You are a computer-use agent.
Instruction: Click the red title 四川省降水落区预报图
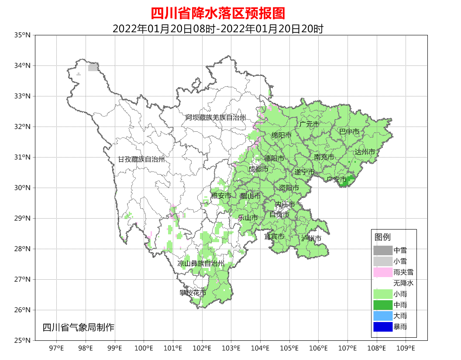(x=218, y=13)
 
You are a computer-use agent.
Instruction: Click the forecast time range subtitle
(x=218, y=29)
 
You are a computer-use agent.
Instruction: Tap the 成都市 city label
(x=258, y=169)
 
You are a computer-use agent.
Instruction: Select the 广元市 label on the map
(x=309, y=124)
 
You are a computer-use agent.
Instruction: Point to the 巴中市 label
(x=349, y=131)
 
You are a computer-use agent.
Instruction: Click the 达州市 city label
(x=365, y=152)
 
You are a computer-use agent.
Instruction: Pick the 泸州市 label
(x=311, y=238)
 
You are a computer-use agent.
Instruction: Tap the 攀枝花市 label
(x=193, y=293)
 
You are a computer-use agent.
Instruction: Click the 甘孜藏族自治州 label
(x=141, y=160)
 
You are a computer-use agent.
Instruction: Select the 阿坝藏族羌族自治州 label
(x=215, y=118)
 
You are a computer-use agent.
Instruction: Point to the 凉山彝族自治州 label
(x=201, y=264)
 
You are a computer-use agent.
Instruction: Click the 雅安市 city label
(x=221, y=196)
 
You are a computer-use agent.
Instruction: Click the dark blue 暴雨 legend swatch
(x=382, y=326)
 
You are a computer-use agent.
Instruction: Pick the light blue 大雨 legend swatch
(x=382, y=315)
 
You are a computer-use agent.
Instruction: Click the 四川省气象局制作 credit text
(x=78, y=327)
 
